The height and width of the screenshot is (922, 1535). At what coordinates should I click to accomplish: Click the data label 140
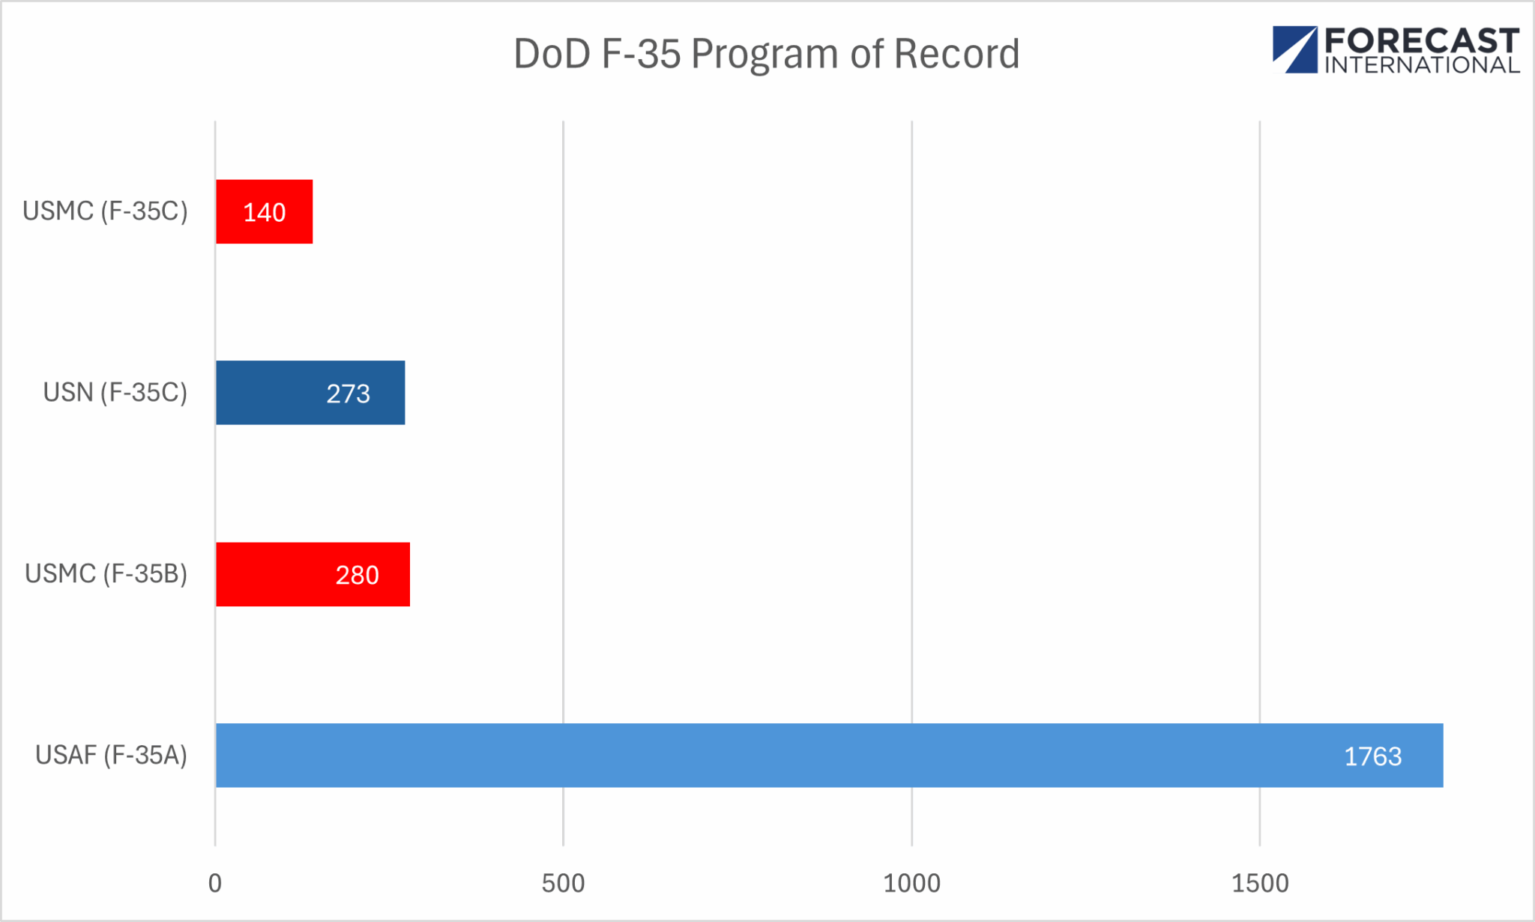(x=265, y=212)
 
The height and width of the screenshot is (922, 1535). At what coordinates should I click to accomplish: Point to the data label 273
(x=348, y=394)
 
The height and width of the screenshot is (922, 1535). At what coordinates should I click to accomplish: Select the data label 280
(x=357, y=575)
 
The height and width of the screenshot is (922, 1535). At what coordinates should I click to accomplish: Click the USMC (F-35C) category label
(x=105, y=211)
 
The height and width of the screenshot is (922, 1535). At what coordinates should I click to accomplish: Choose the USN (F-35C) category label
(x=115, y=393)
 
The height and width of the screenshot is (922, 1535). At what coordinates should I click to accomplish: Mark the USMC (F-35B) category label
(x=106, y=574)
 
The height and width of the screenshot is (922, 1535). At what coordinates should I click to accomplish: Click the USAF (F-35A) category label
(x=111, y=755)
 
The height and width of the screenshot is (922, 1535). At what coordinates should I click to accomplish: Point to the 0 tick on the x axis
(x=215, y=883)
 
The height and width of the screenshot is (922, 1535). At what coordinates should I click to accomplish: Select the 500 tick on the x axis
(x=563, y=883)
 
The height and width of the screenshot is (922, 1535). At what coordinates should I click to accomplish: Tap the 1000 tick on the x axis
(x=911, y=883)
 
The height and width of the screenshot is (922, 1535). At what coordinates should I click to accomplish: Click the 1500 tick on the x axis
(x=1260, y=883)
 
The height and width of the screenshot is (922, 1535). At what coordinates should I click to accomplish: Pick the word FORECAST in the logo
(x=1421, y=40)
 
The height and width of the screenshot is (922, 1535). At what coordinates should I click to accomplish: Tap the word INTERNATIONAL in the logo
(x=1421, y=65)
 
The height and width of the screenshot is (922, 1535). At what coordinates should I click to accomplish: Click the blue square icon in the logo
(x=1294, y=49)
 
